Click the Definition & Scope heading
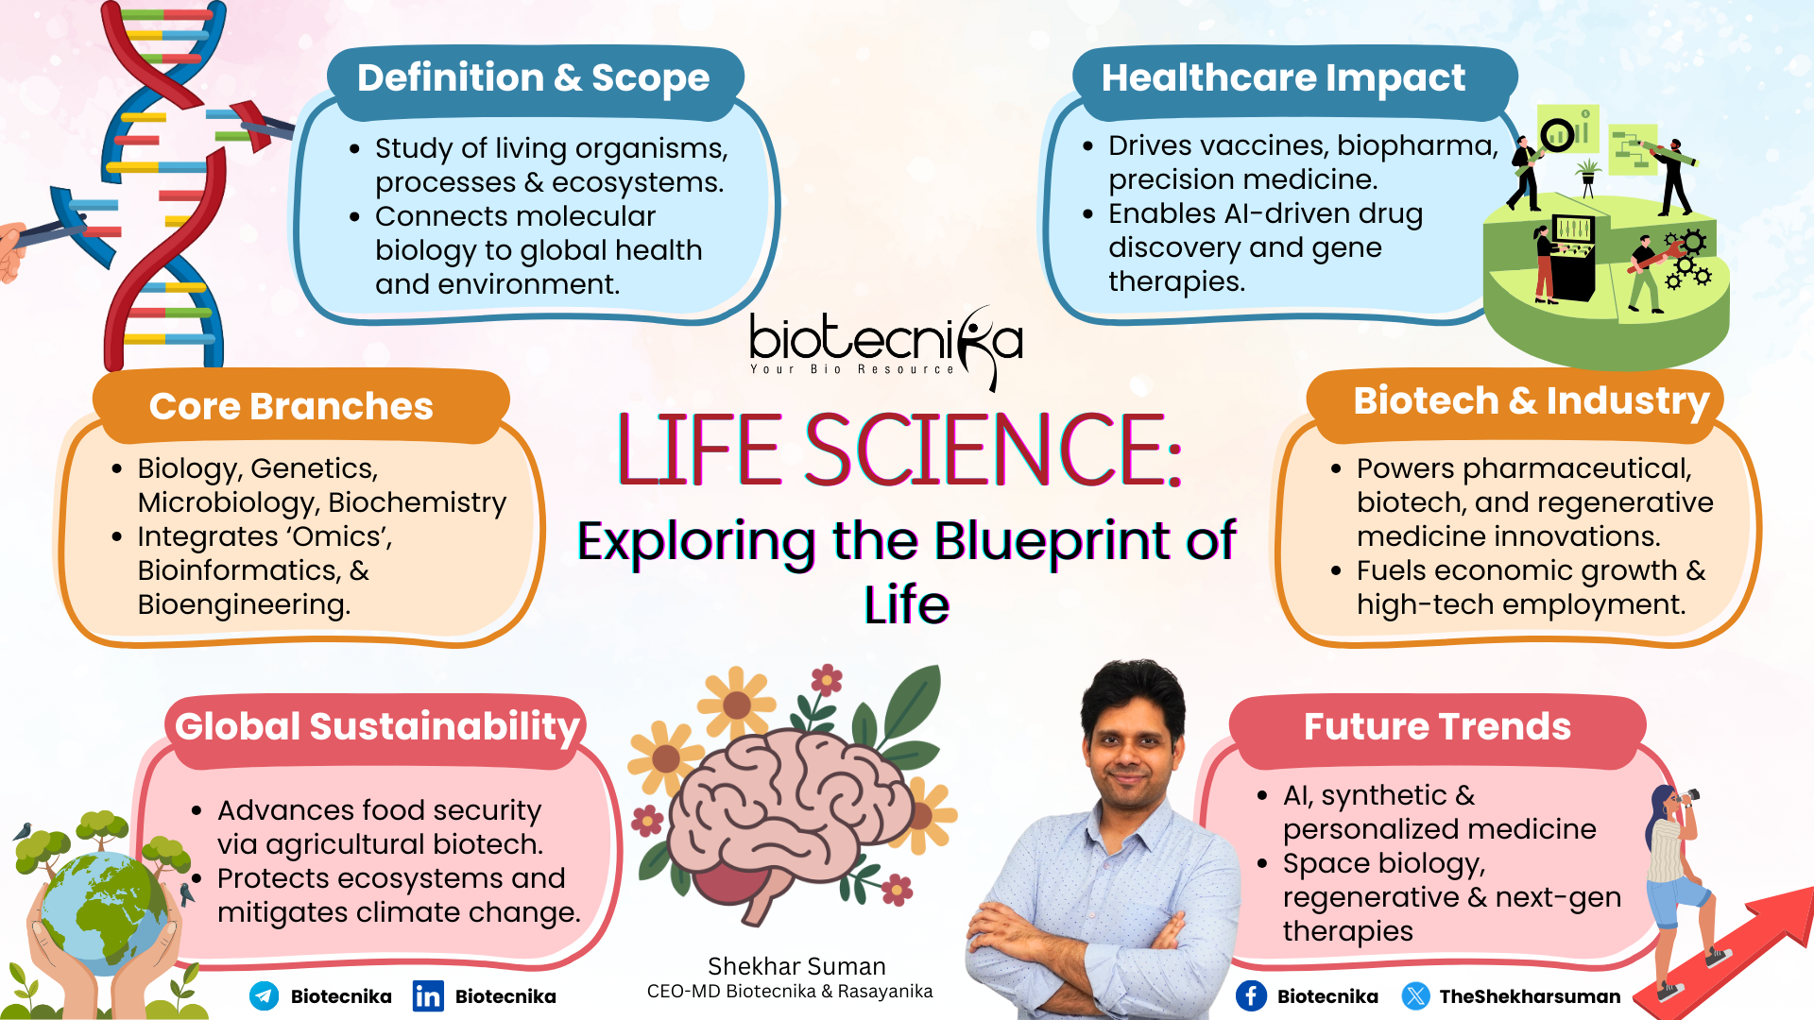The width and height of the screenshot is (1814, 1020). point(533,78)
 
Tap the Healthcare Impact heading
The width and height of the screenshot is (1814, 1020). point(1283,78)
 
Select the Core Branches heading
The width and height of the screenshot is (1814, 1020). point(291,407)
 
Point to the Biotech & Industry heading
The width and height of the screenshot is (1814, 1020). point(1531,401)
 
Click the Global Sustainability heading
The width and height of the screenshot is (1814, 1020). point(377,727)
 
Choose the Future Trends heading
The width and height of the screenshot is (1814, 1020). point(1437,727)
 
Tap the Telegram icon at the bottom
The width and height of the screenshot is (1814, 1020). point(264,995)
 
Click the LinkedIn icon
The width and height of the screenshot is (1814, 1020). point(427,995)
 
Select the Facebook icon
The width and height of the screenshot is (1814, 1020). point(1251,995)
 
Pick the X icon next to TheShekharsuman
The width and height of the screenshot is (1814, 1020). point(1415,995)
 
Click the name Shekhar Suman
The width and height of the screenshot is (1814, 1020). point(796,966)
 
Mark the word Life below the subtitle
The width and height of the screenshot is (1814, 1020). point(906,605)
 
